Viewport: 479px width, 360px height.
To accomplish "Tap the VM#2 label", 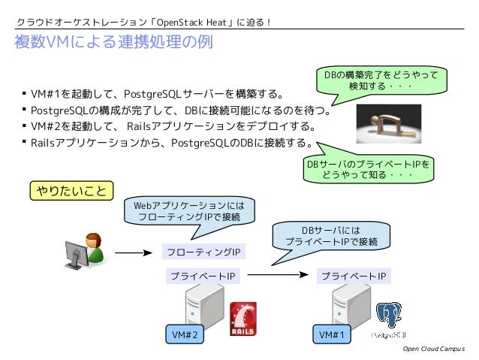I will point(184,335).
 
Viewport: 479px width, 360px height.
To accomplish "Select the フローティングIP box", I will point(203,251).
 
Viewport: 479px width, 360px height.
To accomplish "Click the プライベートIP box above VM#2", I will point(203,277).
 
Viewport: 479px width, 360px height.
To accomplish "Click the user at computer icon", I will point(84,251).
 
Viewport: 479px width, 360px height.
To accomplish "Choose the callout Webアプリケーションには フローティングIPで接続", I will point(189,210).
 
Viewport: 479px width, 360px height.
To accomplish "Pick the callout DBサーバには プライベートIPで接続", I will point(331,235).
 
